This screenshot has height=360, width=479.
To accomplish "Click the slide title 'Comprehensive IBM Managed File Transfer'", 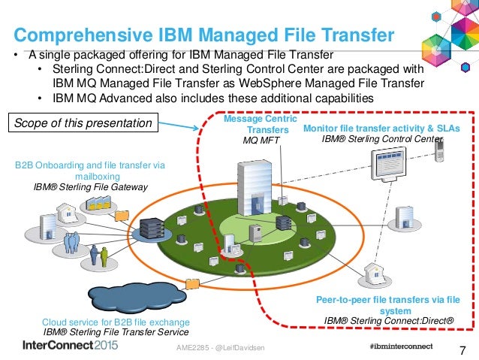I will pyautogui.click(x=204, y=35).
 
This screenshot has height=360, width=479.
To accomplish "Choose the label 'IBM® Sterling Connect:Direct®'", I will pyautogui.click(x=389, y=319).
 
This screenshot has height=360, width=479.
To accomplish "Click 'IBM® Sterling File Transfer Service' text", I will pyautogui.click(x=116, y=331).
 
